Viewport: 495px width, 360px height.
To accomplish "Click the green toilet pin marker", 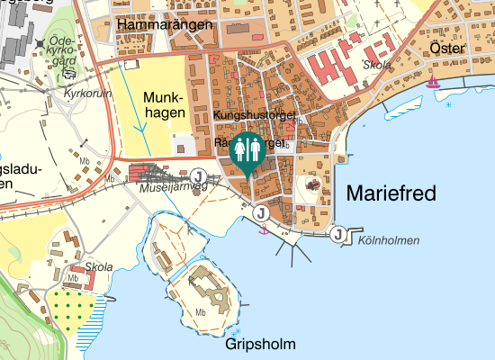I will pos(246,149).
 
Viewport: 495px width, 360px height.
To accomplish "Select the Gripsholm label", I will pos(261,345).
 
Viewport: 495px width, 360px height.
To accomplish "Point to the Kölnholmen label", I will pos(389,240).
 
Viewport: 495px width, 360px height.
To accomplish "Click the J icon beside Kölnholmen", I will pos(338,235).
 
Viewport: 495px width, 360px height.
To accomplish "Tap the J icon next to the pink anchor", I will pos(260,213).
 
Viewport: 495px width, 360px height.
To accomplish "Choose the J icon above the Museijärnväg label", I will pos(199,175).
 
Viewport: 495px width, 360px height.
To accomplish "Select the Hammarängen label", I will pos(164,25).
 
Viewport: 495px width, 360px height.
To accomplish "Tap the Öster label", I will pos(446,49).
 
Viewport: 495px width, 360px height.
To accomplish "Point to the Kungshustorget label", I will pos(256,116).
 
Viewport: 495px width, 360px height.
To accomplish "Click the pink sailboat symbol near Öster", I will pos(434,81).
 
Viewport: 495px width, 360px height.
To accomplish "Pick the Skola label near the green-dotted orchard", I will pos(99,267).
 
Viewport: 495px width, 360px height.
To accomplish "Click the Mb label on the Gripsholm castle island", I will pos(201,312).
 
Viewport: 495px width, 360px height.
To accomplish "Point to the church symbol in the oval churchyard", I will pos(312,184).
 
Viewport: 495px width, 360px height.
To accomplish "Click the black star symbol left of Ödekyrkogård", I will pos(40,43).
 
